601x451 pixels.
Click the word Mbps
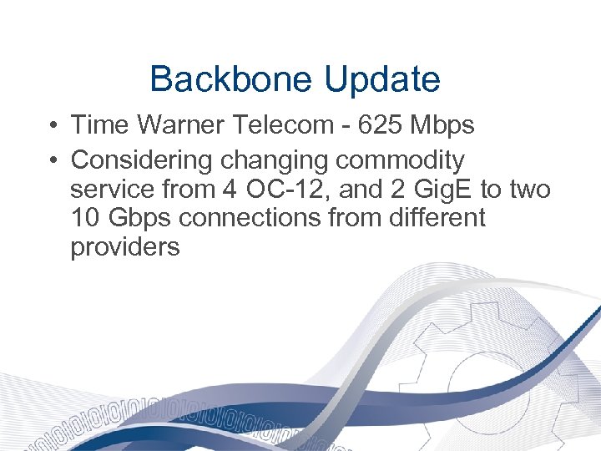[443, 126]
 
